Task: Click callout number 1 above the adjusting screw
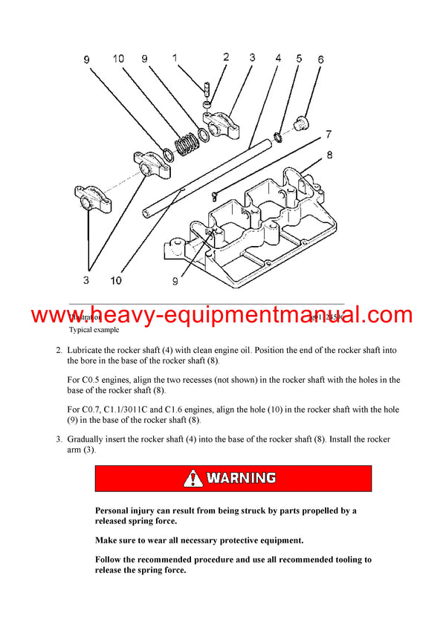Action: point(174,58)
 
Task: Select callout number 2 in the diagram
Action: point(225,58)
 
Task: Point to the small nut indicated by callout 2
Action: point(209,104)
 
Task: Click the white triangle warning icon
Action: point(193,478)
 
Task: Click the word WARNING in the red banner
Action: point(242,478)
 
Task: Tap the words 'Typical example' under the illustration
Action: point(94,329)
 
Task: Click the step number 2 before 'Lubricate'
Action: point(58,349)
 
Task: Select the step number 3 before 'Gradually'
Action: point(58,439)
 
